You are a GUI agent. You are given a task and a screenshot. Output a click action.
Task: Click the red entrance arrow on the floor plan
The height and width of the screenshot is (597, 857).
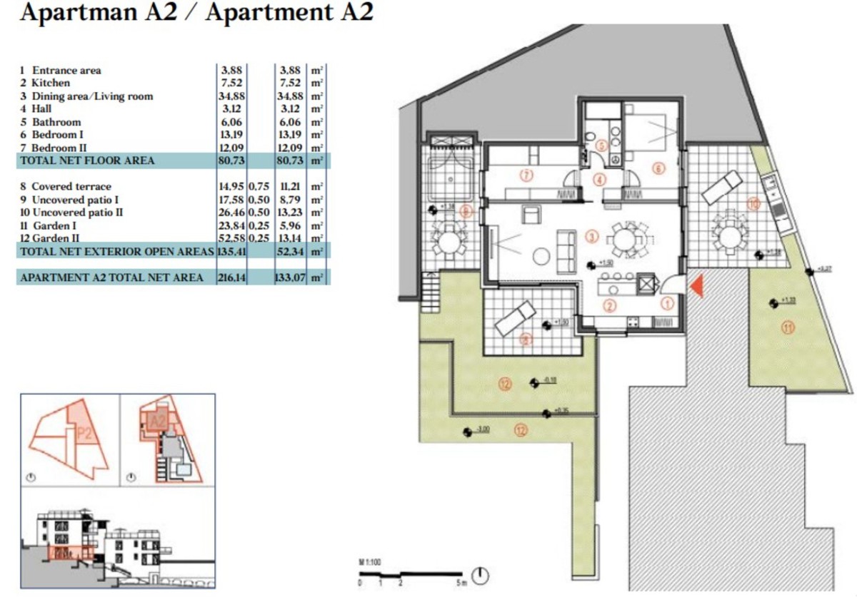tap(698, 286)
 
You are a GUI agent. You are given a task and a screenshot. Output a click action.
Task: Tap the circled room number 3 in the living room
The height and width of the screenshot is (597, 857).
tap(590, 235)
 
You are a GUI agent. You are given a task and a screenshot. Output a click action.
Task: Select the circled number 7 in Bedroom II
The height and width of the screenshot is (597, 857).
tap(526, 175)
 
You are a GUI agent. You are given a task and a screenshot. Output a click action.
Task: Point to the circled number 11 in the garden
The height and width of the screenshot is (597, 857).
tap(788, 328)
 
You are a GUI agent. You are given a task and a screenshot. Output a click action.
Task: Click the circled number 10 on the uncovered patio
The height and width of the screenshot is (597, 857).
tap(753, 205)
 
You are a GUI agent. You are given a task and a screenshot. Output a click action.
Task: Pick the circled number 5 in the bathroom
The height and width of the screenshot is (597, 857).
tap(601, 146)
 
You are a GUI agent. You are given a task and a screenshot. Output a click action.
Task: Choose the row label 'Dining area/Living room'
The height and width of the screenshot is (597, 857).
tap(92, 96)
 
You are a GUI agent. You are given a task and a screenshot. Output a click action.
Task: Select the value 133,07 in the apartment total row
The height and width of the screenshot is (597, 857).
tap(289, 277)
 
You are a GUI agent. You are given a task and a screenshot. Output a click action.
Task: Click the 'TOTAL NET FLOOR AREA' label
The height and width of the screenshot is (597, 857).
tap(86, 161)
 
